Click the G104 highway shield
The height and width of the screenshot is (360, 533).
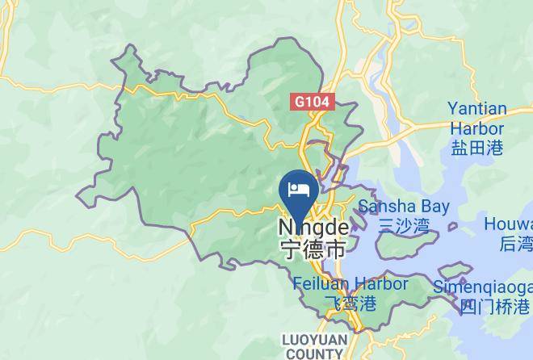(x=313, y=102)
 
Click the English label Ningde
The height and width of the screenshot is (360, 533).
(x=313, y=228)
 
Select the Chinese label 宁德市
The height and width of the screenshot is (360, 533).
(x=313, y=249)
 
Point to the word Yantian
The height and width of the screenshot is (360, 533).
(x=477, y=109)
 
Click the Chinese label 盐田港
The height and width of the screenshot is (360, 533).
(x=476, y=147)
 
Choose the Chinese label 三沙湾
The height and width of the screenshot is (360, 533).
(x=403, y=226)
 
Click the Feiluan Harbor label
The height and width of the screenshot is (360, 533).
(x=350, y=284)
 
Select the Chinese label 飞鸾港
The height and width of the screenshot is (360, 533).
(x=350, y=303)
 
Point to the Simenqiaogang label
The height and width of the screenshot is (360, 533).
(x=483, y=287)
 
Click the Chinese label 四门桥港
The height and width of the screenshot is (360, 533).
(x=495, y=306)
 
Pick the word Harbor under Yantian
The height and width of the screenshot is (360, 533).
(x=476, y=128)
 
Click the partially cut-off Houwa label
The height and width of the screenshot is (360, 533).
(x=508, y=224)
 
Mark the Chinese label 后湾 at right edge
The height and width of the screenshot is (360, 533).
(x=516, y=243)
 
